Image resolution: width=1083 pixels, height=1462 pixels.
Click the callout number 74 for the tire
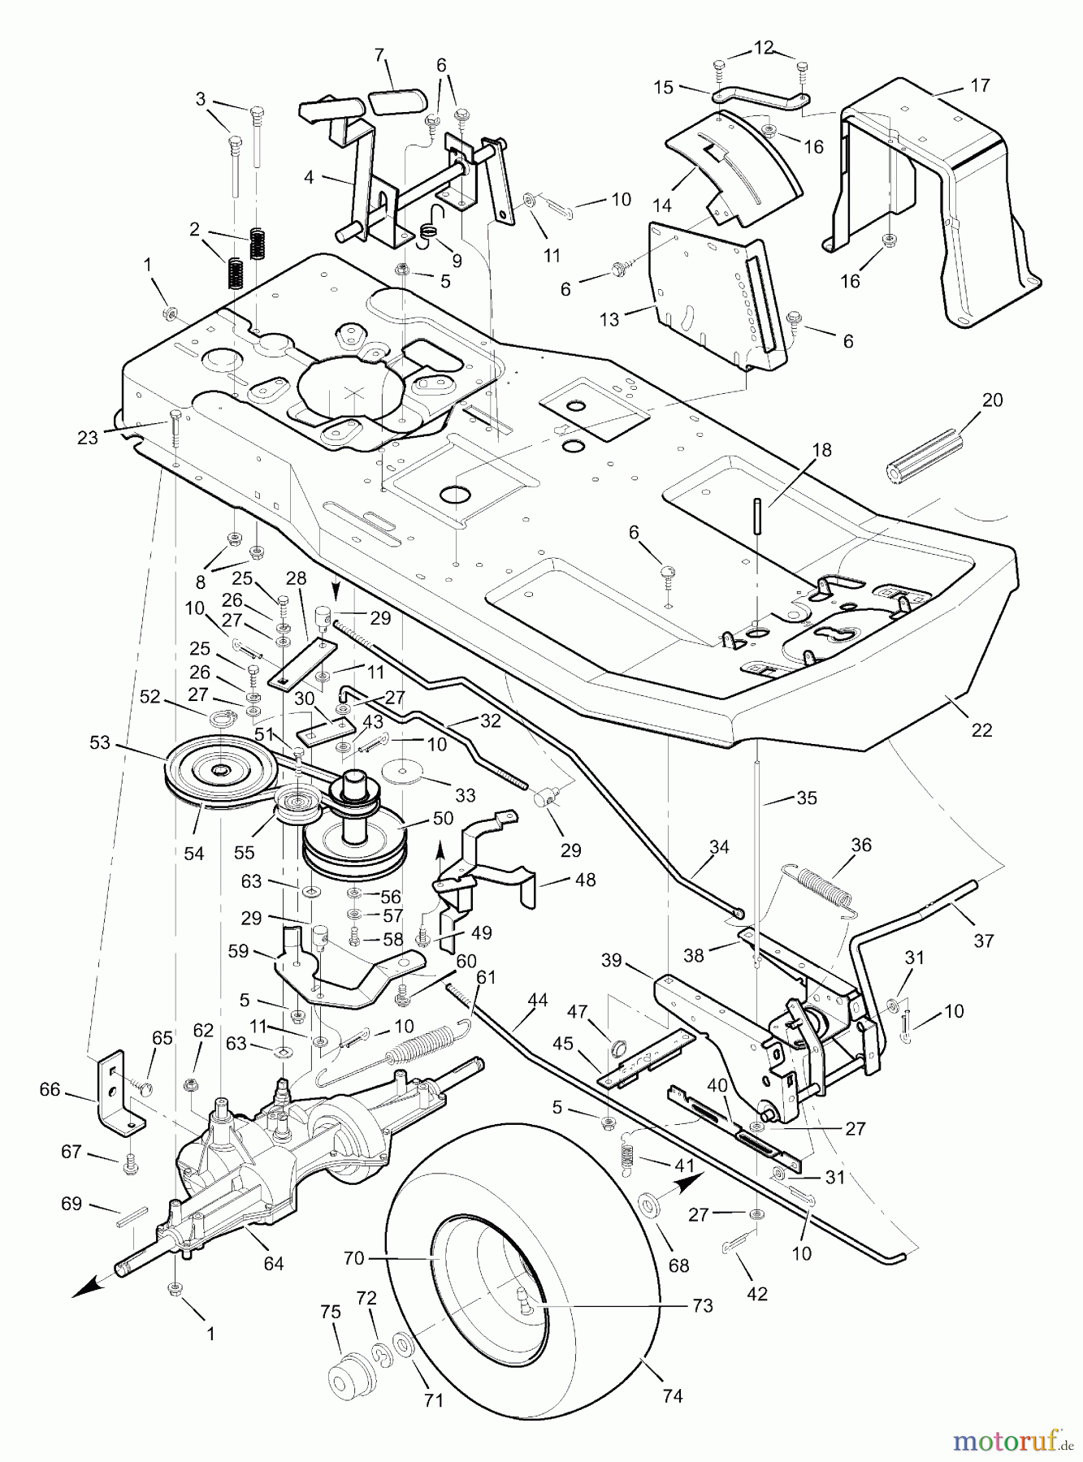672,1395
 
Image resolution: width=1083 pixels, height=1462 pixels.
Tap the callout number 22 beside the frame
981,729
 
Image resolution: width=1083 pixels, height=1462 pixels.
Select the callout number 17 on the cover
980,85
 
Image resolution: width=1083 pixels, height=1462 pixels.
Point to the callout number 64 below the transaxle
274,1263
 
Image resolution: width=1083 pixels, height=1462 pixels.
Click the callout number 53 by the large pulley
100,742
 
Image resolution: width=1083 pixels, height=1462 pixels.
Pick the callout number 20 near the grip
993,400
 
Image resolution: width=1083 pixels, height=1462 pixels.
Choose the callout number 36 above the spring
861,845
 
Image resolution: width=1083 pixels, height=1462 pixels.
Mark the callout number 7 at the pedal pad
379,55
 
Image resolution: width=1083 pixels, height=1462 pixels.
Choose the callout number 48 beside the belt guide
585,879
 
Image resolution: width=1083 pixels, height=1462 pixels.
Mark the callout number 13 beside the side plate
609,319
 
